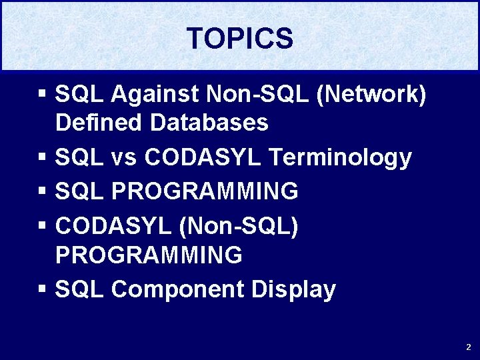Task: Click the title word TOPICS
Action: [239, 39]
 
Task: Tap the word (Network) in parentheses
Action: [371, 95]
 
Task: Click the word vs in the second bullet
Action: [123, 157]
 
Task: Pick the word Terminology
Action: [340, 157]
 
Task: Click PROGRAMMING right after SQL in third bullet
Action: [205, 192]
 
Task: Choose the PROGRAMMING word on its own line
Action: [149, 255]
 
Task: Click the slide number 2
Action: [468, 347]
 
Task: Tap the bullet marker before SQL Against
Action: [42, 95]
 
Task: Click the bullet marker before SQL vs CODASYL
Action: [42, 158]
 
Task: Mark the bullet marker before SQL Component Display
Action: [42, 290]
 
